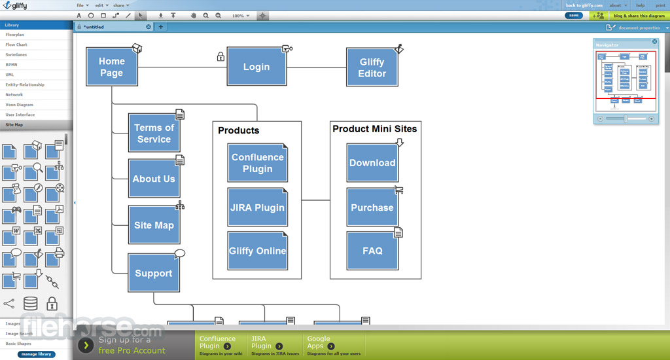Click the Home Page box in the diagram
[x=111, y=67]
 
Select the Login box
[x=256, y=66]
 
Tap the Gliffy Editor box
[x=372, y=67]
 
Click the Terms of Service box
[x=154, y=133]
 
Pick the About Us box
[x=154, y=178]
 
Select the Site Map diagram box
[x=154, y=225]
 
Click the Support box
[x=153, y=273]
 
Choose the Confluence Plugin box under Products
[x=257, y=162]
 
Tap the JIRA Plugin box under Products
[x=257, y=207]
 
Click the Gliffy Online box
[x=257, y=251]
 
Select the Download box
[x=372, y=163]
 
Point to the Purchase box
[x=372, y=207]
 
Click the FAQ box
[x=372, y=251]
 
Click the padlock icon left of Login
[x=220, y=57]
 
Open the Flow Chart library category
[x=16, y=45]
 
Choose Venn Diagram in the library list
[x=20, y=105]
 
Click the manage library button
[x=36, y=354]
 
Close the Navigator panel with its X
[x=654, y=42]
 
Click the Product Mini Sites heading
[x=374, y=129]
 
